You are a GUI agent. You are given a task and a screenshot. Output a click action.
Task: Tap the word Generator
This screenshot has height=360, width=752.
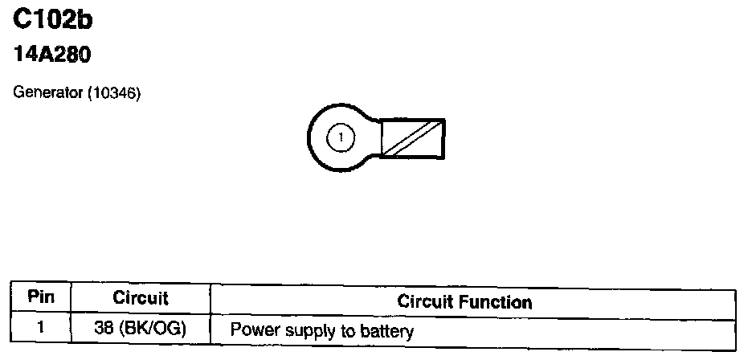tap(49, 94)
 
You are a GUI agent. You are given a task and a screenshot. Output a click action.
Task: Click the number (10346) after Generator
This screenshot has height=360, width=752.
tap(115, 94)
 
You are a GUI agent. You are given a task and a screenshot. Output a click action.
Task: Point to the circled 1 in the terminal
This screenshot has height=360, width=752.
tap(341, 137)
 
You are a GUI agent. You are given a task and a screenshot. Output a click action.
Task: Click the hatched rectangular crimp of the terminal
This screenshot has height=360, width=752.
tap(412, 138)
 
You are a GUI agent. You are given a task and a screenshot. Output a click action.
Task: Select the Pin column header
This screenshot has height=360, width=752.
tap(41, 297)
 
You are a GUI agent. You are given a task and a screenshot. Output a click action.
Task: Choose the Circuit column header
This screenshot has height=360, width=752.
tap(141, 298)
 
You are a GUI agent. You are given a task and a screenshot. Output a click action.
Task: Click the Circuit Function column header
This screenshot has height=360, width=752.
tap(464, 302)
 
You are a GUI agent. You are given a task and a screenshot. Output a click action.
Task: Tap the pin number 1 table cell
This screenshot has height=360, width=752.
tap(41, 328)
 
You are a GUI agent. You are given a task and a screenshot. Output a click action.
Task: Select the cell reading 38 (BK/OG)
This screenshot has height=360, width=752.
tap(141, 329)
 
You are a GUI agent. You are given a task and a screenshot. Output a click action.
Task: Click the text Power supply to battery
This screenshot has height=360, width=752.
tap(321, 331)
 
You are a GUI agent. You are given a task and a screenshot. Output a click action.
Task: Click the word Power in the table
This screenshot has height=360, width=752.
tap(251, 331)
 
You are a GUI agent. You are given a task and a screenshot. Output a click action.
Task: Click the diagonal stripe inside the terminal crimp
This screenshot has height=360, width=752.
tap(412, 138)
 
